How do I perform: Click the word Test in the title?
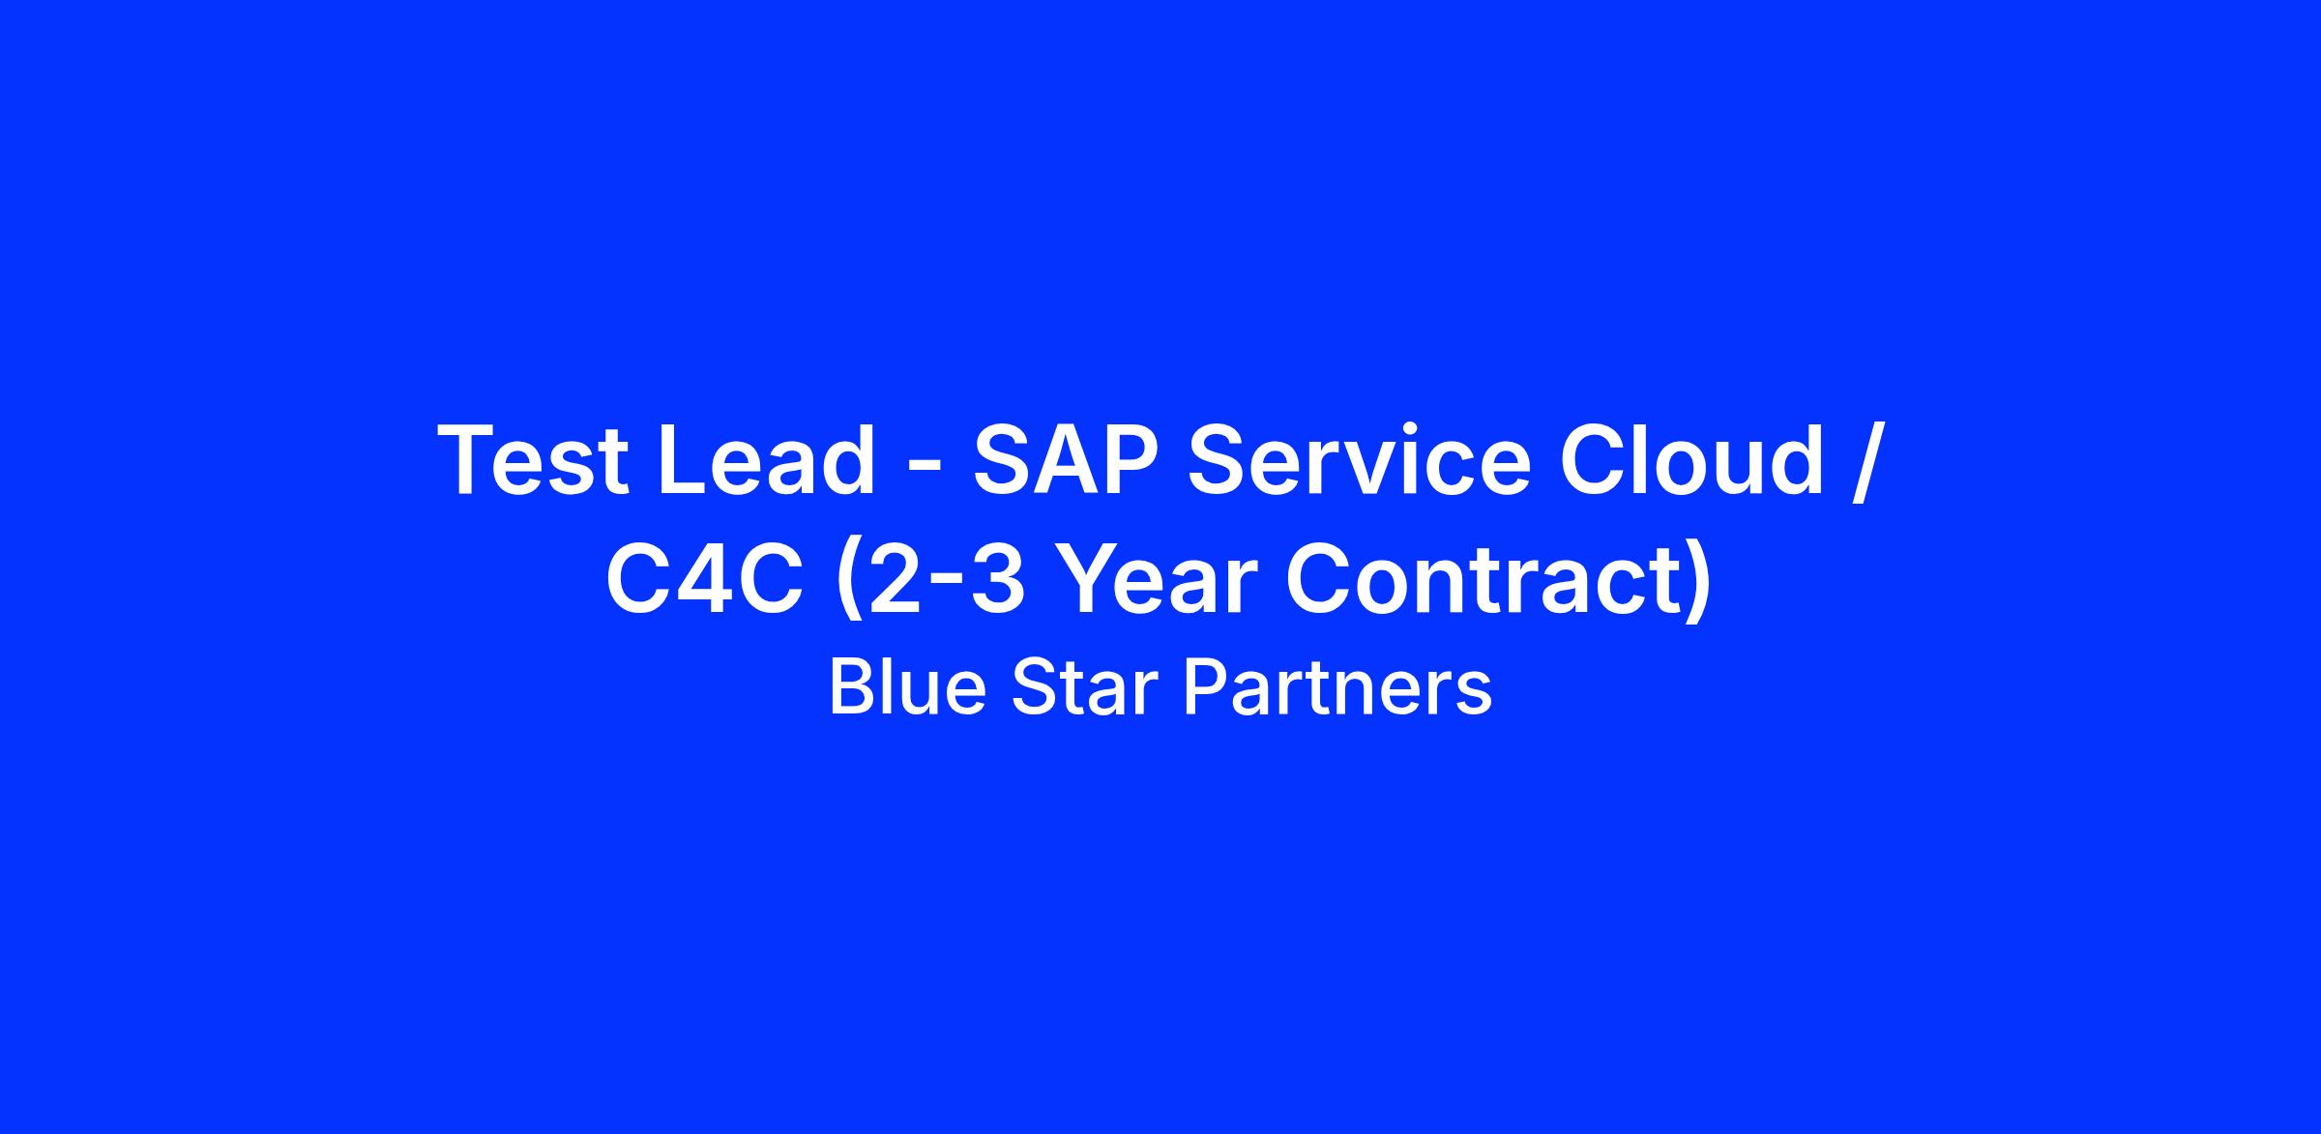coord(533,460)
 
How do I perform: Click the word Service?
coord(1360,460)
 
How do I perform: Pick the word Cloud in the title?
coord(1692,460)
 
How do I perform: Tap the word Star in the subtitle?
coord(1084,687)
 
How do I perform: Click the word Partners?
coord(1338,687)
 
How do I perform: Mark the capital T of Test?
coord(469,460)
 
